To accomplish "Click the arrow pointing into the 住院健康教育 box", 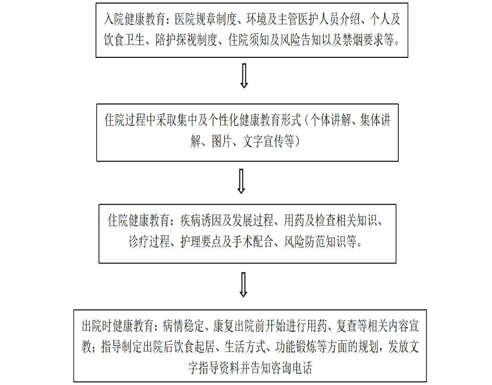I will pos(241,182).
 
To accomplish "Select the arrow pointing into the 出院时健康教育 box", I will pos(244,285).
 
